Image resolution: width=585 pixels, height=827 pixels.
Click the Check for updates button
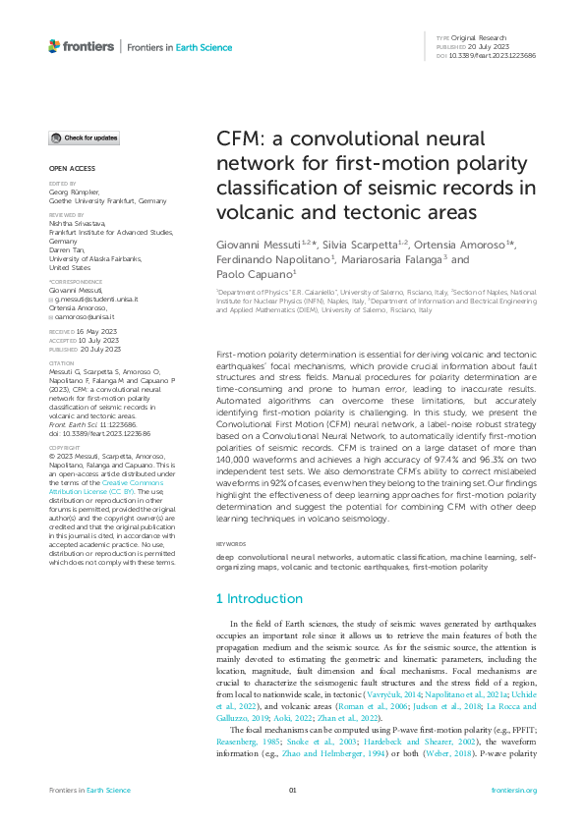(85, 138)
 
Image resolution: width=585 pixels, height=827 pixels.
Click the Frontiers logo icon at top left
(54, 46)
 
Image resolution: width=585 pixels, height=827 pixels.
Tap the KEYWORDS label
(231, 543)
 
